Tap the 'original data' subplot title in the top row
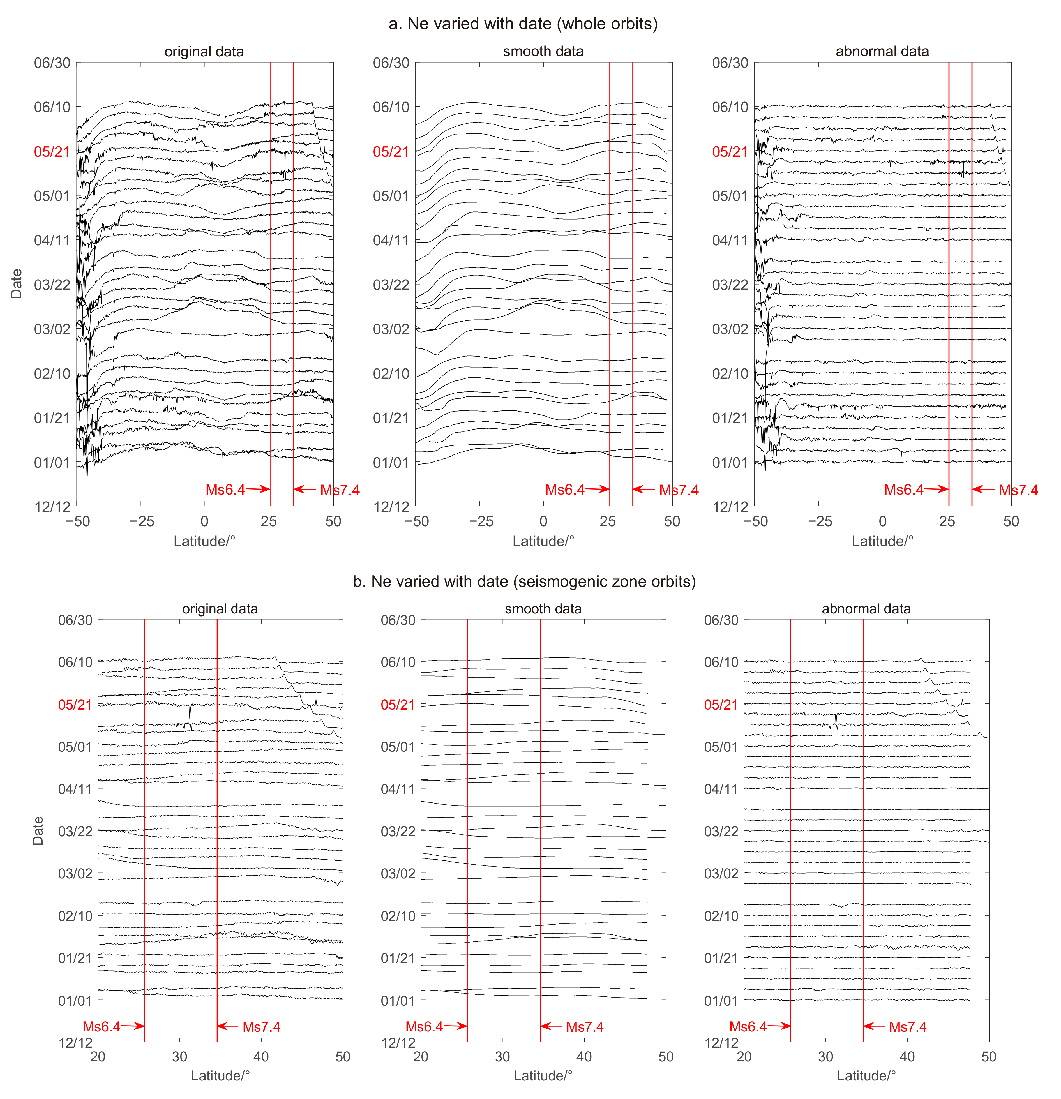coord(204,52)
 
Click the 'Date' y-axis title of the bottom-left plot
coord(38,831)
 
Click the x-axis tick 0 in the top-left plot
coord(205,521)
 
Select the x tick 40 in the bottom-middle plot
coord(584,1057)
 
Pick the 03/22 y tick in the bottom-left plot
coord(75,831)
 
